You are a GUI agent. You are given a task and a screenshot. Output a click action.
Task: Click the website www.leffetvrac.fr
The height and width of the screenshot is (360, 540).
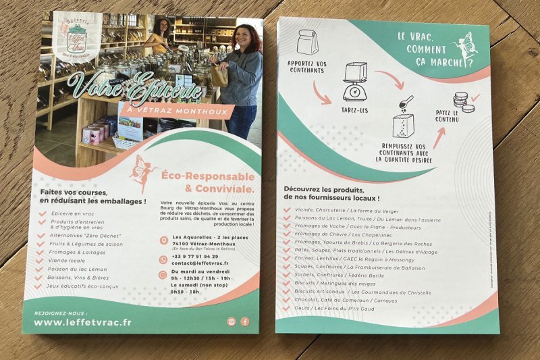pyautogui.click(x=82, y=322)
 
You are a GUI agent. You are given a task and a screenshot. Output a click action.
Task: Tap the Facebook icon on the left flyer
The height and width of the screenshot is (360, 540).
pyautogui.click(x=244, y=322)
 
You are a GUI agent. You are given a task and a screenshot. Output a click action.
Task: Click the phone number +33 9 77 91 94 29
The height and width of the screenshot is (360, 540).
pyautogui.click(x=195, y=257)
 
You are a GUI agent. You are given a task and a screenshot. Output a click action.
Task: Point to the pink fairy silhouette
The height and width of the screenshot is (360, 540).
pyautogui.click(x=143, y=174)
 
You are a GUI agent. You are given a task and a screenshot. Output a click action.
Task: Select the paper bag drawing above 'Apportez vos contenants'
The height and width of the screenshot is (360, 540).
pyautogui.click(x=306, y=42)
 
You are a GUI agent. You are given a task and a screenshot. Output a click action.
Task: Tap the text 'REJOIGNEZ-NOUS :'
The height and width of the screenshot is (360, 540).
pyautogui.click(x=59, y=313)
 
